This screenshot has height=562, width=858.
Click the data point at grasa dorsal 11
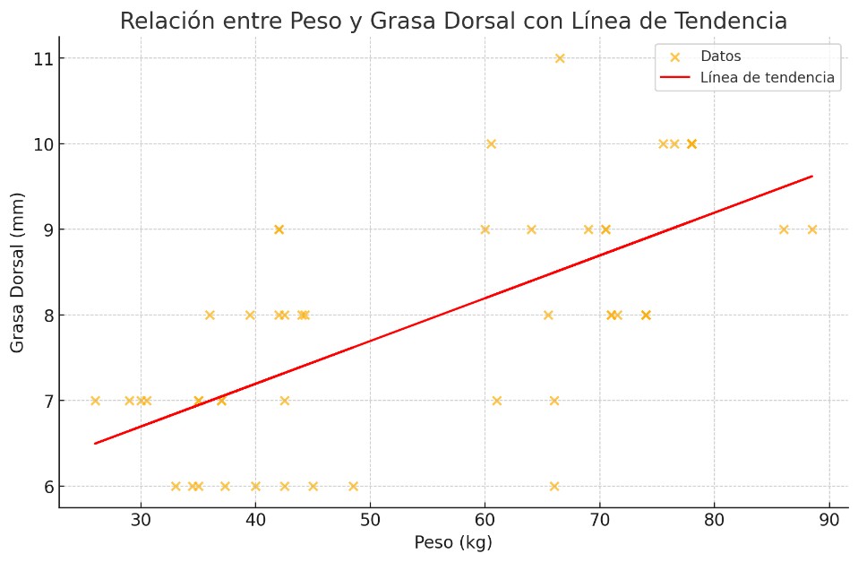click(560, 58)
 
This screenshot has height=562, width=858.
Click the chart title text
click(453, 21)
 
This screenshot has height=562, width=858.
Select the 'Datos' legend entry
click(720, 56)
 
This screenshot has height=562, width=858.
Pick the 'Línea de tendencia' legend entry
click(767, 78)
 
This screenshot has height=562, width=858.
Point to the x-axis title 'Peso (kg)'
click(453, 543)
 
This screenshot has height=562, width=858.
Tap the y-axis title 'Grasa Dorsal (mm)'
click(18, 272)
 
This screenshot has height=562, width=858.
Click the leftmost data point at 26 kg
click(95, 401)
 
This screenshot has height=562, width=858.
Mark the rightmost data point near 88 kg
click(812, 229)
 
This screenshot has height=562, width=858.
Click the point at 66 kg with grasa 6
click(554, 487)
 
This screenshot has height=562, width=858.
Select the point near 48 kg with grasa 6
click(353, 487)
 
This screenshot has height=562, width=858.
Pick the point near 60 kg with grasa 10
click(491, 143)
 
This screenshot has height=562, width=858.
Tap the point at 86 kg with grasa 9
click(784, 229)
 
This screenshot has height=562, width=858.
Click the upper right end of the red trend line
click(811, 177)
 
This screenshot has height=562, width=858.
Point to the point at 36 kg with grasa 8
click(210, 315)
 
